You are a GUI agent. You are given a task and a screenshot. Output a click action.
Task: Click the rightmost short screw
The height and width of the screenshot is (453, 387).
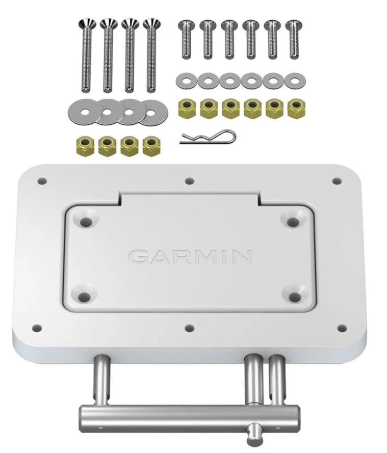293,40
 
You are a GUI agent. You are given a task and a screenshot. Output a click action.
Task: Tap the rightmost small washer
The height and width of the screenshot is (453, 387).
293,80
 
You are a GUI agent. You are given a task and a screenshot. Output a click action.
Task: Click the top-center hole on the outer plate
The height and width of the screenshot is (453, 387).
190,180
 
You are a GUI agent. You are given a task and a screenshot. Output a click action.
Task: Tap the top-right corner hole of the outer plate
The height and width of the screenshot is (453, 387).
337,180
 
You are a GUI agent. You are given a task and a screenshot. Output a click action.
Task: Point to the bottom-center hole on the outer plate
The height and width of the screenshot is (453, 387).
190,328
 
